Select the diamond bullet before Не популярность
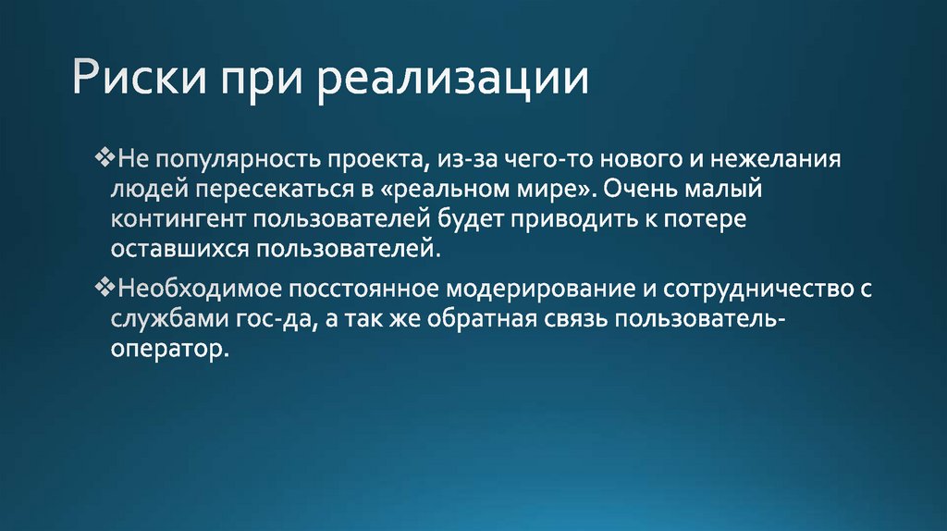103,158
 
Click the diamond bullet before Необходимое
103,289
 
